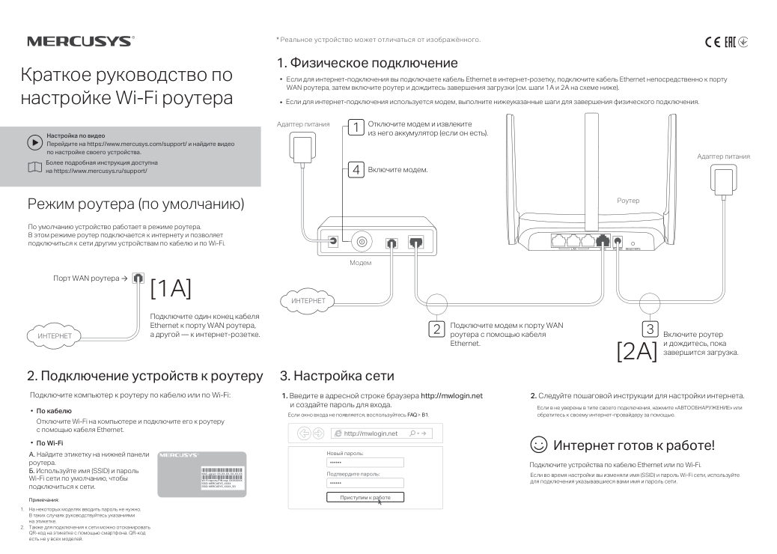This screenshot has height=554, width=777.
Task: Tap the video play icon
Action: [x=34, y=141]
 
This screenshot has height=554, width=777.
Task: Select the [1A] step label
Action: [x=171, y=287]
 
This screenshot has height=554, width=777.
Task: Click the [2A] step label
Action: [x=636, y=350]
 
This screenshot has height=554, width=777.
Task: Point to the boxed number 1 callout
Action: [x=357, y=127]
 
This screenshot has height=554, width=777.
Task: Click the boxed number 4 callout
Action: [x=357, y=170]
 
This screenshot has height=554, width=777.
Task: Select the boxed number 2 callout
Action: [x=436, y=328]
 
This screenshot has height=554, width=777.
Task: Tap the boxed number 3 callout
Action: [x=650, y=329]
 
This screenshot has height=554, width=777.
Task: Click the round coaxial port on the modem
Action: [x=363, y=242]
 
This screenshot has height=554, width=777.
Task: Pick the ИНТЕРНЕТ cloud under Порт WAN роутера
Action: [x=55, y=336]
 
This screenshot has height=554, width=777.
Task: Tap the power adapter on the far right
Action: [x=723, y=180]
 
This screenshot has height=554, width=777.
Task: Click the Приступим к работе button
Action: [x=365, y=497]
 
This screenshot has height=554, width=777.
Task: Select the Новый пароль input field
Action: [x=365, y=463]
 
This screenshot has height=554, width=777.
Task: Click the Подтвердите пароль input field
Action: [x=365, y=483]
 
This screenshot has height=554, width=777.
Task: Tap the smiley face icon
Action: [x=538, y=445]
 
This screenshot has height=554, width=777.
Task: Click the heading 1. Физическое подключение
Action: [x=367, y=63]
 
